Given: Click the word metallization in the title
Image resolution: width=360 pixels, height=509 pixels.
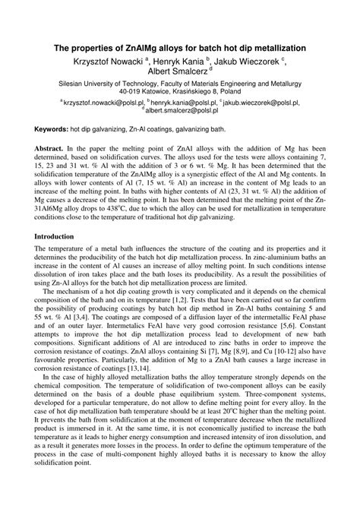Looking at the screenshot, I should [x=278, y=46].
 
